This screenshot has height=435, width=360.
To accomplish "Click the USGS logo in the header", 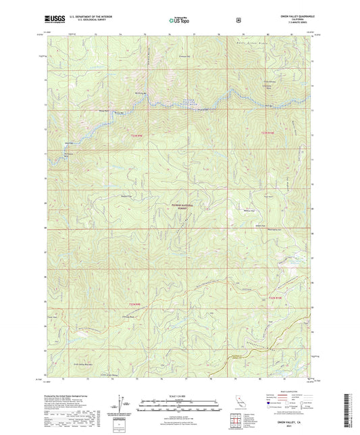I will [x=56, y=20].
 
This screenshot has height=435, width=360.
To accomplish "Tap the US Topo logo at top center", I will [x=179, y=20].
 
